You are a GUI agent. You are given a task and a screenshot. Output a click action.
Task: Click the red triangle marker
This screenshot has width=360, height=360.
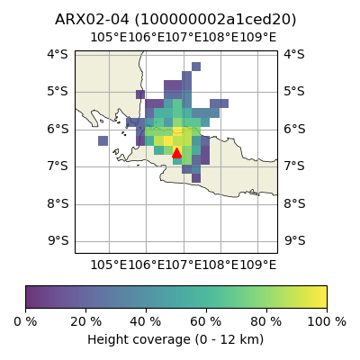[176, 153]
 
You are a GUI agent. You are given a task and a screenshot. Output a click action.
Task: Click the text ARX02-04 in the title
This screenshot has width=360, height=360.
[92, 20]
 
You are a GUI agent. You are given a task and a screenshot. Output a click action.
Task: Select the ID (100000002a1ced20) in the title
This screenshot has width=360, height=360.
[215, 20]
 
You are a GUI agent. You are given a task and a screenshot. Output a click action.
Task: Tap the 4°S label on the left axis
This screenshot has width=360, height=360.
[58, 54]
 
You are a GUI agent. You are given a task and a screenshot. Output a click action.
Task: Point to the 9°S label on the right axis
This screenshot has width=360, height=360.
[295, 240]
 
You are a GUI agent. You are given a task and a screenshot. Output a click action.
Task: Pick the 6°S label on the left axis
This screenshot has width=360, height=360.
[58, 129]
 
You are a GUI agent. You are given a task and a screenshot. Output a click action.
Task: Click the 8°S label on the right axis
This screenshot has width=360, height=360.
[295, 203]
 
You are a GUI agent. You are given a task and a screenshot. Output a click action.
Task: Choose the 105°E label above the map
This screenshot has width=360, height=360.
[109, 38]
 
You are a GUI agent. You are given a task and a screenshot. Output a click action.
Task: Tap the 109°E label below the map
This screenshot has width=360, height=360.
[257, 265]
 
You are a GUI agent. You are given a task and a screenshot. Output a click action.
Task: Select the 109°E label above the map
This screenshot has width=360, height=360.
[257, 38]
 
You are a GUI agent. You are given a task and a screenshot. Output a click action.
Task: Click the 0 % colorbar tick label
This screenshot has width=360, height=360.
[25, 322]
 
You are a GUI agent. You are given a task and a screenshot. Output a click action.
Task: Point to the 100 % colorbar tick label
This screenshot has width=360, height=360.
[327, 322]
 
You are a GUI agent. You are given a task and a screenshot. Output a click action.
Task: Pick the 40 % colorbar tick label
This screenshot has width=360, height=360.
[146, 322]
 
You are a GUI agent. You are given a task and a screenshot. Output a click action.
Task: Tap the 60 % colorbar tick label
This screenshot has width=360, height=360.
[206, 322]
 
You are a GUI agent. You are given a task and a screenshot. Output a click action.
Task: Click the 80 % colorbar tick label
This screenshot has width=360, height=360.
[266, 322]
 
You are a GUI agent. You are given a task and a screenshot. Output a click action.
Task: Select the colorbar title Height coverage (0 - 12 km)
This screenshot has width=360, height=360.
[175, 340]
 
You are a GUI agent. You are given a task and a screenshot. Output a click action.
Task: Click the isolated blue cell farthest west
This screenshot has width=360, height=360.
[103, 140]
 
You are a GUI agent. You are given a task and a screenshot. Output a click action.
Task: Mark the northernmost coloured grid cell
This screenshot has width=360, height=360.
[196, 67]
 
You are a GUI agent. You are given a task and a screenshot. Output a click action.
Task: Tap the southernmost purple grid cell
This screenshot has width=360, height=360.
[196, 178]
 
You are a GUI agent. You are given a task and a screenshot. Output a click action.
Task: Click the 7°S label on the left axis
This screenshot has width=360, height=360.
[58, 166]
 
